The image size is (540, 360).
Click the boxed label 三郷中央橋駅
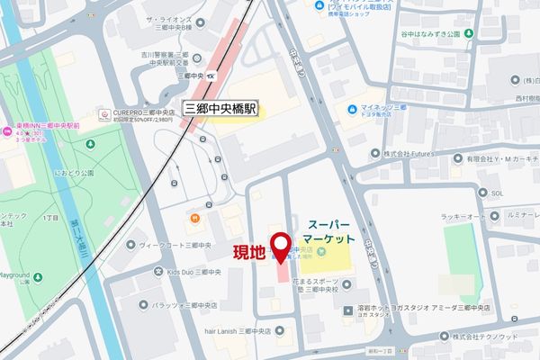(221, 106)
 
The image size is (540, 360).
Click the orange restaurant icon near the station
(192, 218)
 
